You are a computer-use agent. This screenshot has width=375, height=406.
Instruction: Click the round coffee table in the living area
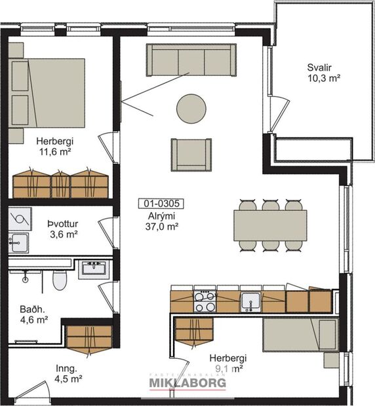(191, 107)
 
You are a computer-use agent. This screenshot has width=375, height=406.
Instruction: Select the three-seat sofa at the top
(191, 61)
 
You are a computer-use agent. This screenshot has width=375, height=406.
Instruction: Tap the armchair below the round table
(191, 154)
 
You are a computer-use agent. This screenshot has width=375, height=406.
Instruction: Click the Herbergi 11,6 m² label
(54, 146)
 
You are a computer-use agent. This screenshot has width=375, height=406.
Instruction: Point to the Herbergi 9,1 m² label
(227, 363)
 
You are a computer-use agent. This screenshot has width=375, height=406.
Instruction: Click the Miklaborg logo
(187, 382)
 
